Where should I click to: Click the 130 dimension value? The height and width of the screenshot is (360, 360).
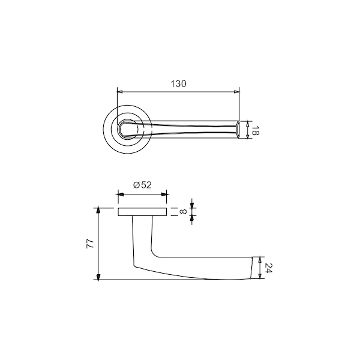[178, 84]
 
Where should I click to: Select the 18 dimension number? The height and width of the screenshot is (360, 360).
[255, 130]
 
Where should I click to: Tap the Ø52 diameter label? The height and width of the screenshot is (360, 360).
[142, 185]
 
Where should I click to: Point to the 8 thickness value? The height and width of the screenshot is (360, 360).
[183, 211]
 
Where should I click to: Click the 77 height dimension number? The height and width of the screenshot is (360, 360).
[90, 244]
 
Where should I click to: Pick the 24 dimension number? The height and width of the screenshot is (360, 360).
[268, 268]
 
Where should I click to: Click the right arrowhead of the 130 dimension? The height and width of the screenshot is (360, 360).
[236, 92]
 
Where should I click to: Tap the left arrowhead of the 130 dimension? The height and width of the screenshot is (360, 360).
[120, 92]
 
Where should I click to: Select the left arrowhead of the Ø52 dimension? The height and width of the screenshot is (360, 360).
[121, 194]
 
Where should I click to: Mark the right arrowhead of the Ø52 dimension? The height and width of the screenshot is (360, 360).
[164, 194]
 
